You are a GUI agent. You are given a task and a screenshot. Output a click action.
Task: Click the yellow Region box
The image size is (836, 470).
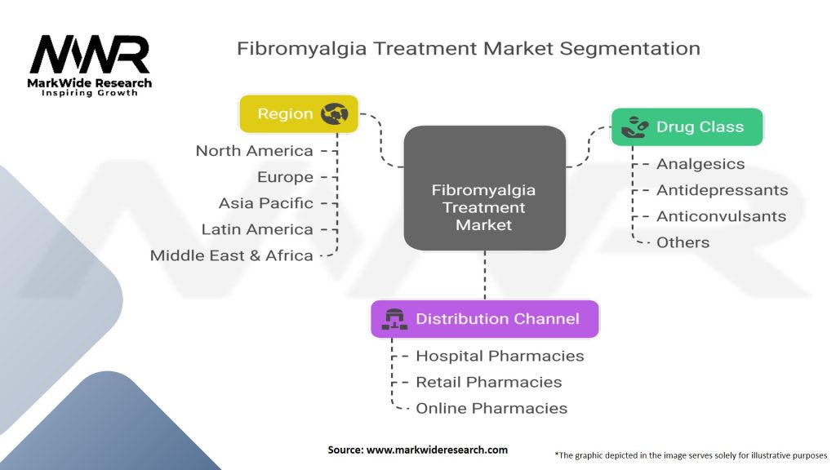(x=299, y=113)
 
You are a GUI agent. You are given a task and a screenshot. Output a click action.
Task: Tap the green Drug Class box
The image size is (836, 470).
(x=687, y=126)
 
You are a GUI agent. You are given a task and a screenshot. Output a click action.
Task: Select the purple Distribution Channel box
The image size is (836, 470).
(x=485, y=319)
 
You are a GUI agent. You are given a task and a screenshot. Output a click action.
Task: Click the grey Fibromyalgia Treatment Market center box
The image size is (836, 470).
(x=485, y=188)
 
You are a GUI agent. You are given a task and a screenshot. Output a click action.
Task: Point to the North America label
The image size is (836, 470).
(x=255, y=151)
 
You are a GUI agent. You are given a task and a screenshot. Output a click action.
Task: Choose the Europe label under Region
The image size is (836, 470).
(x=285, y=177)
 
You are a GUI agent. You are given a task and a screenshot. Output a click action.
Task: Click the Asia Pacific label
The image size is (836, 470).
(x=265, y=203)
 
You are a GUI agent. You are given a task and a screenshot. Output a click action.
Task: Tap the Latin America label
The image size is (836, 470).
(x=257, y=229)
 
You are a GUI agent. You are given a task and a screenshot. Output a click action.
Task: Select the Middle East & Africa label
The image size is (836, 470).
(x=231, y=255)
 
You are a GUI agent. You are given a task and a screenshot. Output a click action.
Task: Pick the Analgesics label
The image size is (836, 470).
(x=700, y=163)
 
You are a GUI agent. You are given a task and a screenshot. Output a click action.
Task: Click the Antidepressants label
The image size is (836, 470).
(x=722, y=189)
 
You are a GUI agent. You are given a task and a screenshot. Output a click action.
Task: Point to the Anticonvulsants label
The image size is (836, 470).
(x=722, y=215)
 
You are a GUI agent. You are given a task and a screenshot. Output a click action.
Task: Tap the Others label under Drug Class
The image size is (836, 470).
(x=683, y=242)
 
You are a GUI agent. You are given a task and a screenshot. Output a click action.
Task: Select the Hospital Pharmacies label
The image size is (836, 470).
(x=500, y=356)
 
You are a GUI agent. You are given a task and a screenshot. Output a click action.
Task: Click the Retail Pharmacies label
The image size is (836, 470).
(x=489, y=382)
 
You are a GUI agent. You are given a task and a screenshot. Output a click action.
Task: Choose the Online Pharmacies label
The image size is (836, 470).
(x=491, y=408)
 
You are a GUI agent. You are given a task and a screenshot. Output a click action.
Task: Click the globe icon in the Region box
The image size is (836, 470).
(x=334, y=113)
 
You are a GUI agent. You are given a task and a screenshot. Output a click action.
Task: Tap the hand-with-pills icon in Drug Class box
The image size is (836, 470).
(x=635, y=126)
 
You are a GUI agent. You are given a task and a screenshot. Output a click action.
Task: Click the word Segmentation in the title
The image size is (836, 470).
(x=629, y=48)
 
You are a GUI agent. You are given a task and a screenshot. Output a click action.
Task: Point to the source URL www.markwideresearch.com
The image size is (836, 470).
(x=437, y=450)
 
